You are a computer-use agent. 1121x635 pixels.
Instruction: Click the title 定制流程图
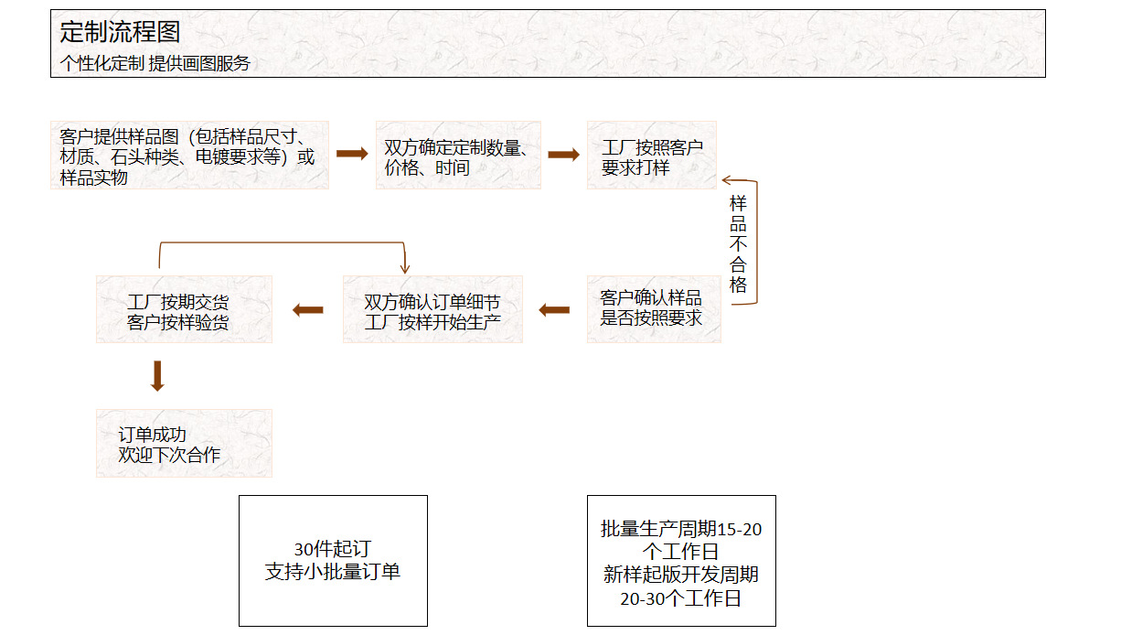(120, 32)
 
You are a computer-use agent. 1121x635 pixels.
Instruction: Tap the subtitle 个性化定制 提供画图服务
(155, 63)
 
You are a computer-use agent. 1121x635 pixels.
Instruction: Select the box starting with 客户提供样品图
(189, 156)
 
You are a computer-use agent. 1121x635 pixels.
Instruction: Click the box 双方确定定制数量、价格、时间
(458, 156)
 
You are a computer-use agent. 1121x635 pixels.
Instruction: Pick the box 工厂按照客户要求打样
(652, 156)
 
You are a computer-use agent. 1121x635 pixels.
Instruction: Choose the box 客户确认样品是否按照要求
(653, 308)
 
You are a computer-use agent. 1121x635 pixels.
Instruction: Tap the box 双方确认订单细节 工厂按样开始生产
(432, 310)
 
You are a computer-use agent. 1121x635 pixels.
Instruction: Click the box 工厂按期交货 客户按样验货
(184, 310)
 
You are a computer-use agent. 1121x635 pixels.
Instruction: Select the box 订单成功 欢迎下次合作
(184, 444)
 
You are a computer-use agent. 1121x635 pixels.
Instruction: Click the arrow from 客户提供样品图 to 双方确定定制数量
(352, 154)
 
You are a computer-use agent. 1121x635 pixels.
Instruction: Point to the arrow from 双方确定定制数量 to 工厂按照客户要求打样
(563, 155)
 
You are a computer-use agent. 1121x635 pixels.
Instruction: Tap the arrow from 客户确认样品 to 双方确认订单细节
(554, 310)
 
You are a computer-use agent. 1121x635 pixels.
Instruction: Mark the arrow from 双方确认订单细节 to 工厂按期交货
(308, 310)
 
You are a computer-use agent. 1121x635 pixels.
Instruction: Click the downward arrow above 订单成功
(157, 376)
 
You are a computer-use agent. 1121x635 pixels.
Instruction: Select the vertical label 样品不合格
(738, 243)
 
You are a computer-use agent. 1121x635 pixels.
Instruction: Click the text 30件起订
(333, 550)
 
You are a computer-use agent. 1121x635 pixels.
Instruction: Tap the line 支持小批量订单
(333, 572)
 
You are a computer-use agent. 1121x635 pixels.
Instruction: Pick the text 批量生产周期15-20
(681, 529)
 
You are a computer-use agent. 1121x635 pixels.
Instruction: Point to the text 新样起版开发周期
(681, 576)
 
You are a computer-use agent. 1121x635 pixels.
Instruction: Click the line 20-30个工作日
(681, 598)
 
